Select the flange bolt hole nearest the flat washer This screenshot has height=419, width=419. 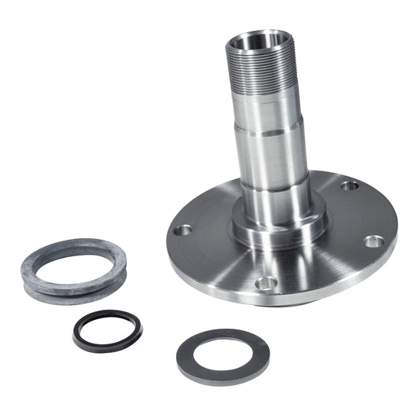pos(266,281)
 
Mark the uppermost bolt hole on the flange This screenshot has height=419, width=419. pos(350,186)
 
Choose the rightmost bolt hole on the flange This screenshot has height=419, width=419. pos(374,241)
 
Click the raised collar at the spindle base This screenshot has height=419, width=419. pos(279,228)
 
